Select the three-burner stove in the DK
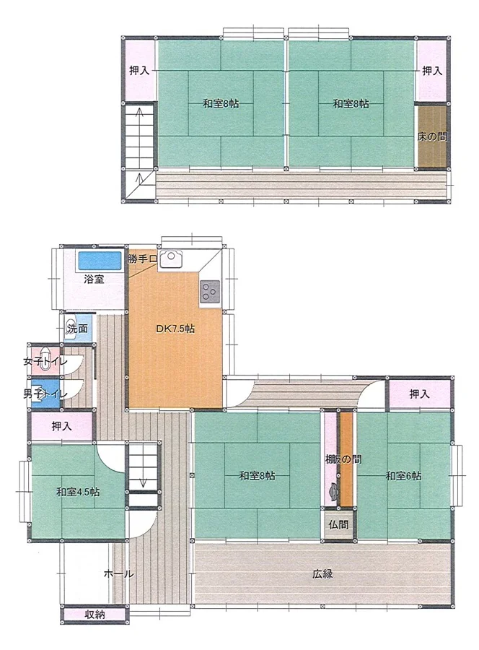point(210,292)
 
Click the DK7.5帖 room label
point(175,329)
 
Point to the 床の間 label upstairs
point(432,136)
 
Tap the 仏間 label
point(338,524)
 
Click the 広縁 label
point(322,574)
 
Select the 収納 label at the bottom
point(95,615)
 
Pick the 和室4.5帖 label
point(78,492)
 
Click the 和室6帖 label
point(404,476)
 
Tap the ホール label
point(118,574)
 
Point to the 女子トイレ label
point(45,361)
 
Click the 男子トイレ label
point(45,394)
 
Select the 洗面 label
point(78,329)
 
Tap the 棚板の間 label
point(343,459)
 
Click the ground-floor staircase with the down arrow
point(144,467)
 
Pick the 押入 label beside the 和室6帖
point(419,394)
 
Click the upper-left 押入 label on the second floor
point(139,71)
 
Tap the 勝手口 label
point(142,259)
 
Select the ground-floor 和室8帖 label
point(257,476)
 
